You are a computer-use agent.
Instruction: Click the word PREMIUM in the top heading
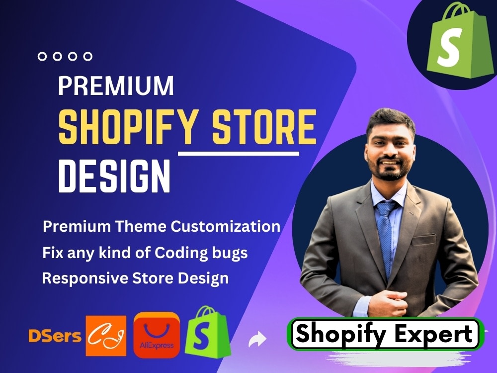[x=116, y=86]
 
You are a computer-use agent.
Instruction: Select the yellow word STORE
[x=264, y=127]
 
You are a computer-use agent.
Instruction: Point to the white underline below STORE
[x=239, y=154]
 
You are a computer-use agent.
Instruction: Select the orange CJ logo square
[x=106, y=334]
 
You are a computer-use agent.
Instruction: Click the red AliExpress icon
[x=157, y=335]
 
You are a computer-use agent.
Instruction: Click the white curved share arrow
[x=257, y=340]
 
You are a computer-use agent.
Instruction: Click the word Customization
[x=226, y=227]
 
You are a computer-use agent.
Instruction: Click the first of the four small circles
[x=42, y=57]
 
